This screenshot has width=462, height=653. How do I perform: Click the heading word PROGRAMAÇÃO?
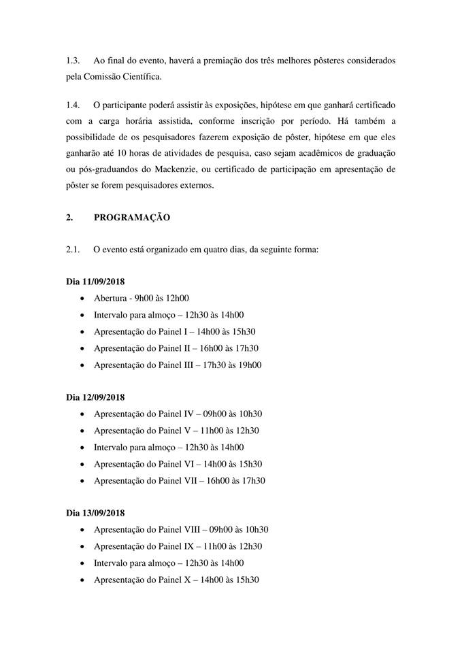coord(132,218)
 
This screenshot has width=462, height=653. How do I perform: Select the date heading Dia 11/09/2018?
coord(95,282)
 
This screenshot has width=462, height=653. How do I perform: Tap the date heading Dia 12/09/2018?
coord(95,397)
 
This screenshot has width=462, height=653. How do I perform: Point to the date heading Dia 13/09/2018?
coord(95,513)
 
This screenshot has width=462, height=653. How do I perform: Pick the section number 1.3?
coord(73,61)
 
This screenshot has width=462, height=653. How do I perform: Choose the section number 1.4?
coord(73,107)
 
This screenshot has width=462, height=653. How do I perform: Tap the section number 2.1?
coord(73,250)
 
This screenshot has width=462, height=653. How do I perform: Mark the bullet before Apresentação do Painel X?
coord(82,580)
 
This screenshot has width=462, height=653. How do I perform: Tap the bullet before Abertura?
coord(82,299)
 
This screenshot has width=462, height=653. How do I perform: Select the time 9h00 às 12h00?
coord(162,298)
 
